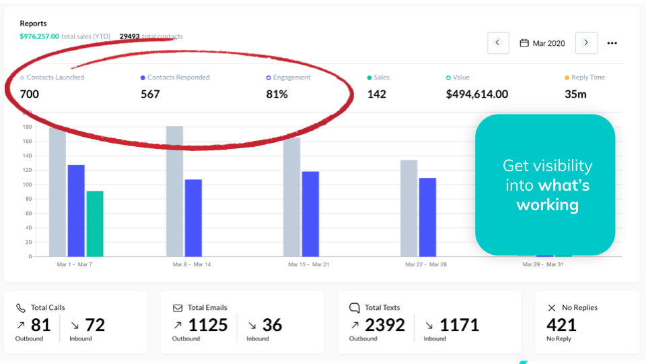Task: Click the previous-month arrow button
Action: coord(497,42)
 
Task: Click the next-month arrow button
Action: coord(586,42)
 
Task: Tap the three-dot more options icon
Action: coord(612,43)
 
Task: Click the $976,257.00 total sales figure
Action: coord(39,36)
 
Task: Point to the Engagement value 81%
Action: coord(277,94)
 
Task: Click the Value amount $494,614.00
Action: coord(477,94)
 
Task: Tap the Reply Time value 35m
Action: coord(575,94)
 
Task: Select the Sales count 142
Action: coord(377,94)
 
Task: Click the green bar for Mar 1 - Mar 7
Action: coord(95,224)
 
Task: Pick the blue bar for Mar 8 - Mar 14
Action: coord(193,218)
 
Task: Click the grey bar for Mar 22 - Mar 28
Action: coord(408,208)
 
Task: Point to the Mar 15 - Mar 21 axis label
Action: coord(309,265)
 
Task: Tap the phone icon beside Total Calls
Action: coord(21,308)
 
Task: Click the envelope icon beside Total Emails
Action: coord(178,308)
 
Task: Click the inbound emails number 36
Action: coord(272,326)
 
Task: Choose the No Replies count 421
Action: coord(561,326)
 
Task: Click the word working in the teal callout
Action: coord(547,205)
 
